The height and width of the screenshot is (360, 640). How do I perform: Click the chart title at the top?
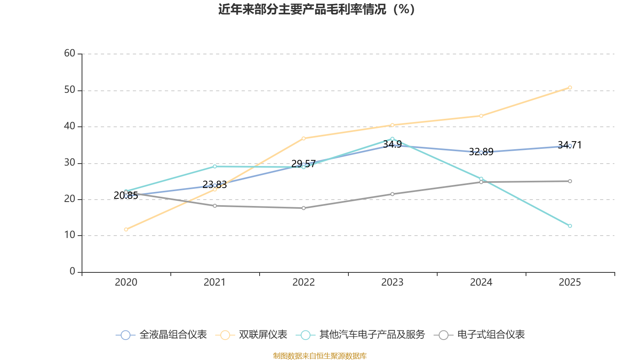(x=316, y=9)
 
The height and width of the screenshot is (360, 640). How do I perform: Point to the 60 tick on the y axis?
(x=70, y=53)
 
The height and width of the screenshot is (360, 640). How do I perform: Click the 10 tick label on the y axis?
(x=70, y=235)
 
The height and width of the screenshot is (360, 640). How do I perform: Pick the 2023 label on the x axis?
(x=392, y=282)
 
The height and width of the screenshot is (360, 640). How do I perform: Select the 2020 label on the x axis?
(x=126, y=282)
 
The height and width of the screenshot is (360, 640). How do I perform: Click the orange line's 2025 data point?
(x=570, y=87)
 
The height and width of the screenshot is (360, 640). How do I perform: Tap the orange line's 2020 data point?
(x=126, y=229)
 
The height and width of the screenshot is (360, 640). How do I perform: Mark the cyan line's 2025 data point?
(x=570, y=226)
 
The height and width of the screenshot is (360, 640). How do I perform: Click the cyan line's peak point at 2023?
(x=392, y=139)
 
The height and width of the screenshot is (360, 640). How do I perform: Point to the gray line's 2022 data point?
(x=304, y=208)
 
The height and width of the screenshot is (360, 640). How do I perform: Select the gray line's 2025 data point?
(x=570, y=181)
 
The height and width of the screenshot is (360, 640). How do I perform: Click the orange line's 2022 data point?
(x=304, y=138)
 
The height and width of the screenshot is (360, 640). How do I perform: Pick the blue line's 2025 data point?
(x=570, y=146)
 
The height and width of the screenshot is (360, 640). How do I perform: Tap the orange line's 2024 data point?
(x=481, y=116)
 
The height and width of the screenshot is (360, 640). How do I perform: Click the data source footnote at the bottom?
(x=320, y=356)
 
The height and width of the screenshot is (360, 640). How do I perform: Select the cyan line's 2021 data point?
(x=215, y=166)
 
